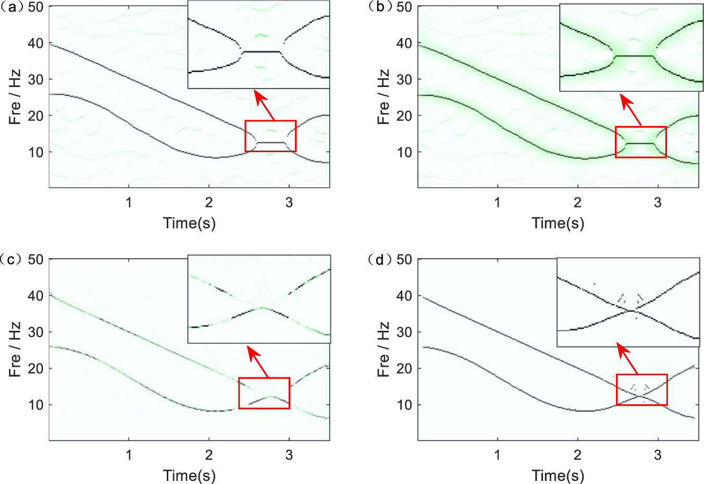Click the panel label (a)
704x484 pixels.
point(11,7)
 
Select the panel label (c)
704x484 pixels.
point(11,259)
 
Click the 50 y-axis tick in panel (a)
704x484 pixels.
point(36,7)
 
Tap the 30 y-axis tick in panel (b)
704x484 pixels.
point(404,79)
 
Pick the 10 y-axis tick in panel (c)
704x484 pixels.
point(36,405)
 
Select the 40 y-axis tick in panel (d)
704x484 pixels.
point(404,295)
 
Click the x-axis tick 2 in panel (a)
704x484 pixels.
point(209,202)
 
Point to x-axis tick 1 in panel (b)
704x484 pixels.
point(498,202)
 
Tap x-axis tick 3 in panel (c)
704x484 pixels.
point(289,455)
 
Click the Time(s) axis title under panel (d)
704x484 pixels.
point(558,475)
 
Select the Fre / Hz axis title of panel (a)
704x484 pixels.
point(15,97)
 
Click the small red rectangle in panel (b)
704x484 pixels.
point(640,142)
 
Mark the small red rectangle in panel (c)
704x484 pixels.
point(264,393)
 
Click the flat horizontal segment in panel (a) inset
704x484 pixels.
point(261,52)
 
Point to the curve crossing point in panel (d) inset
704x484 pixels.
point(632,311)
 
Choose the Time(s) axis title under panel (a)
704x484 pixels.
point(189,223)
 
